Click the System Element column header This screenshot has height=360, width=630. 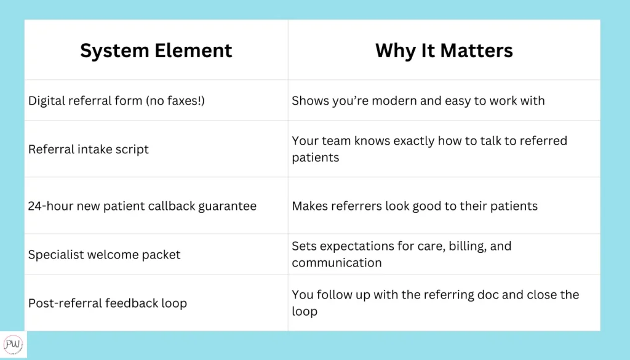[156, 50]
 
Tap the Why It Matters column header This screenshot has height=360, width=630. [444, 50]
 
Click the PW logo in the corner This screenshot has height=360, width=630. [14, 345]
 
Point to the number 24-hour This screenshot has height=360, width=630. [50, 206]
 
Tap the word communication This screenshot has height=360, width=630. [337, 263]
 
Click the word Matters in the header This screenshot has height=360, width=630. [477, 50]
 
